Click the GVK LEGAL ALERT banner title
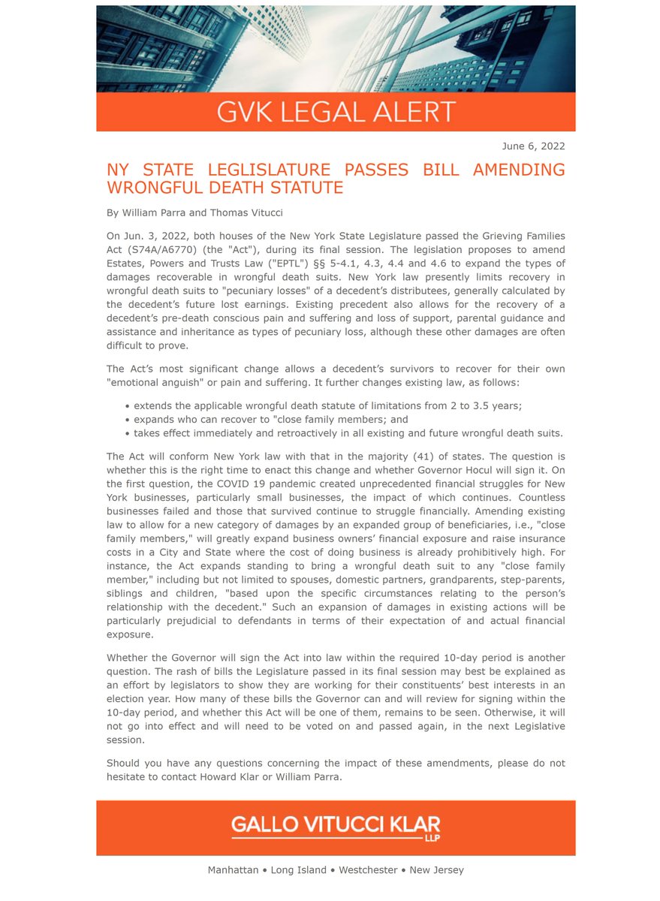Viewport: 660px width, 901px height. (x=336, y=112)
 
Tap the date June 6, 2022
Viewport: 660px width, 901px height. (x=533, y=146)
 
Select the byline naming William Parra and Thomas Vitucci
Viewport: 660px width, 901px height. (x=194, y=213)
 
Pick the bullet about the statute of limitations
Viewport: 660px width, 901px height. (x=327, y=405)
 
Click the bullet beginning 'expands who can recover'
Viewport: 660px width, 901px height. (x=270, y=419)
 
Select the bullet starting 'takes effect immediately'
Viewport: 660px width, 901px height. (x=348, y=433)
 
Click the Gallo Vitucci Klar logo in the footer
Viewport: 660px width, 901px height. (x=336, y=824)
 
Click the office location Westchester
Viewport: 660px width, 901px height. (x=367, y=870)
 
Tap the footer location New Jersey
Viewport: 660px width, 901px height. (x=437, y=870)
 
